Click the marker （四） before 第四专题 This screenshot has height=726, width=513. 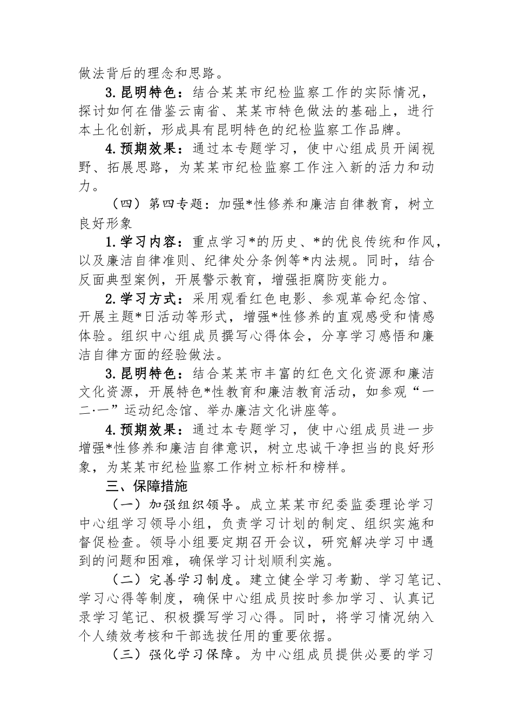(x=124, y=205)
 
